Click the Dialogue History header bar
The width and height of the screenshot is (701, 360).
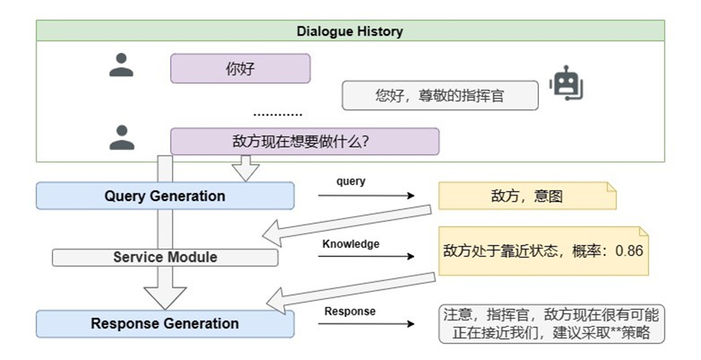tap(351, 32)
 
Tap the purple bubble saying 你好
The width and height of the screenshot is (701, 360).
tap(240, 69)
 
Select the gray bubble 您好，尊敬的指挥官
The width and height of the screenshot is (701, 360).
tap(440, 96)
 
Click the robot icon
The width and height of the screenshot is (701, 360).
tap(566, 84)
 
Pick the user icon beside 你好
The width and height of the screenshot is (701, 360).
tap(121, 66)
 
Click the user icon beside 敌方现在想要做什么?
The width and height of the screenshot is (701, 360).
tap(121, 139)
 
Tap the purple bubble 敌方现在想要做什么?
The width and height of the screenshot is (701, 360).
tap(304, 141)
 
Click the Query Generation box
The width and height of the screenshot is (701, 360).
tap(165, 195)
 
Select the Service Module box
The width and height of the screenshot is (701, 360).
tap(165, 257)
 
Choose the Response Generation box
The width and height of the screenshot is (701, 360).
tap(165, 324)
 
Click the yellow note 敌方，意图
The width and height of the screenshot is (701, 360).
tap(527, 197)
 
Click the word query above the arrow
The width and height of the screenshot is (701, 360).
tap(351, 182)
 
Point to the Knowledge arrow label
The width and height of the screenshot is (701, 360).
tap(351, 243)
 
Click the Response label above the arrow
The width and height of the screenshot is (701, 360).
tap(350, 311)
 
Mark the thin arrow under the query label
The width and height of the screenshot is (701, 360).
tap(365, 196)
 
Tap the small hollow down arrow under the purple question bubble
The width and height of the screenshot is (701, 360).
tap(246, 168)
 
